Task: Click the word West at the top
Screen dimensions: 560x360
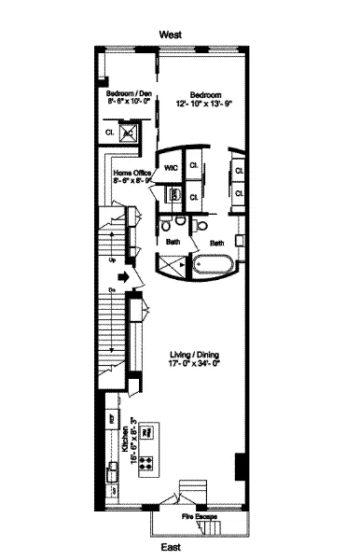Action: pos(170,33)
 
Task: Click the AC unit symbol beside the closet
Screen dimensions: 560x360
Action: pos(129,134)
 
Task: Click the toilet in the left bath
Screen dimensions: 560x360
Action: pos(165,224)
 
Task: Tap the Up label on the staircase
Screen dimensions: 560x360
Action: pos(111,260)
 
